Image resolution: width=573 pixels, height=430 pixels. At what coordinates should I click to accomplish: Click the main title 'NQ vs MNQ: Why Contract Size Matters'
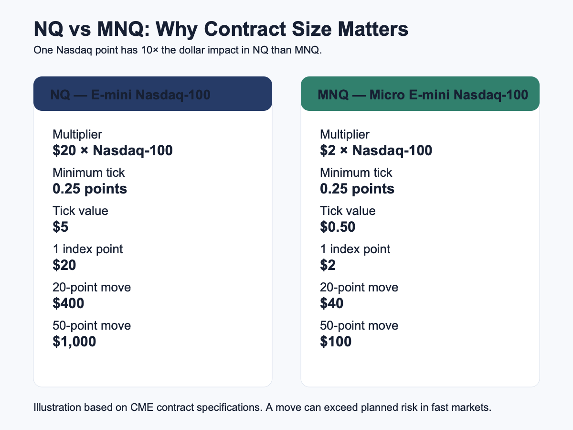tap(221, 29)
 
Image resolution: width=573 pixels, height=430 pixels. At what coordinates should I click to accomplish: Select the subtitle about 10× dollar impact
tap(178, 50)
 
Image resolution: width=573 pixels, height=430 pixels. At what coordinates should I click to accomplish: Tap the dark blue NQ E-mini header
tap(153, 94)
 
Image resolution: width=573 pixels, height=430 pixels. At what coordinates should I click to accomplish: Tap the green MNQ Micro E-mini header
tap(420, 94)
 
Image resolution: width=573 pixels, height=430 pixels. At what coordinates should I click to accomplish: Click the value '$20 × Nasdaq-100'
tap(113, 150)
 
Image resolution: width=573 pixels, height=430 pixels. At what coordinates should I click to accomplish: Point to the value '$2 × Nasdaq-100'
tap(376, 150)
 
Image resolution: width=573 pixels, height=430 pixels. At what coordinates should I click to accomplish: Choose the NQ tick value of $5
tap(61, 226)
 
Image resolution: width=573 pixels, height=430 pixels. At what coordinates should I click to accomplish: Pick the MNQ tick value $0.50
tap(338, 226)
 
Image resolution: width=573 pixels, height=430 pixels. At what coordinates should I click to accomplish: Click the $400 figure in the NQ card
tap(68, 303)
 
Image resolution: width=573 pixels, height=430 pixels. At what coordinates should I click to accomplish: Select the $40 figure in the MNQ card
tap(331, 303)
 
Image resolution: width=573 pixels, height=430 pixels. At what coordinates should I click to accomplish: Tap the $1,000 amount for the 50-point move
tap(74, 342)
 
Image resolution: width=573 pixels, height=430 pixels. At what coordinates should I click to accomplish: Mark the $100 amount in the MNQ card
tap(336, 342)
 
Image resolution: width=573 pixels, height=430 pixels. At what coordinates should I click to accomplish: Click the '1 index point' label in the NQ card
tap(88, 249)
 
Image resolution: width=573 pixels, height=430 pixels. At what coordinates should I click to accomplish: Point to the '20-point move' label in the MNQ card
tap(359, 288)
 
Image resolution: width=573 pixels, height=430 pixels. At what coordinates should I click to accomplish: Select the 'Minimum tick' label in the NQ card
tap(88, 172)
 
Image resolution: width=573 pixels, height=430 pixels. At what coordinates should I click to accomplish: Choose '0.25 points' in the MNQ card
tap(357, 189)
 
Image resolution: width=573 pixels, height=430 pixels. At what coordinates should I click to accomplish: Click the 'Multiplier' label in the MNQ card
tap(345, 135)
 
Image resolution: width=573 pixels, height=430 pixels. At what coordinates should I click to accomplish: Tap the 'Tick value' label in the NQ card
tap(80, 211)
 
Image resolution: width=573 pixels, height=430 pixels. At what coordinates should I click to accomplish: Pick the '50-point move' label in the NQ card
tap(92, 326)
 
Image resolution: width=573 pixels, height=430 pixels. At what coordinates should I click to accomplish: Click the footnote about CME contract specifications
tap(262, 408)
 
